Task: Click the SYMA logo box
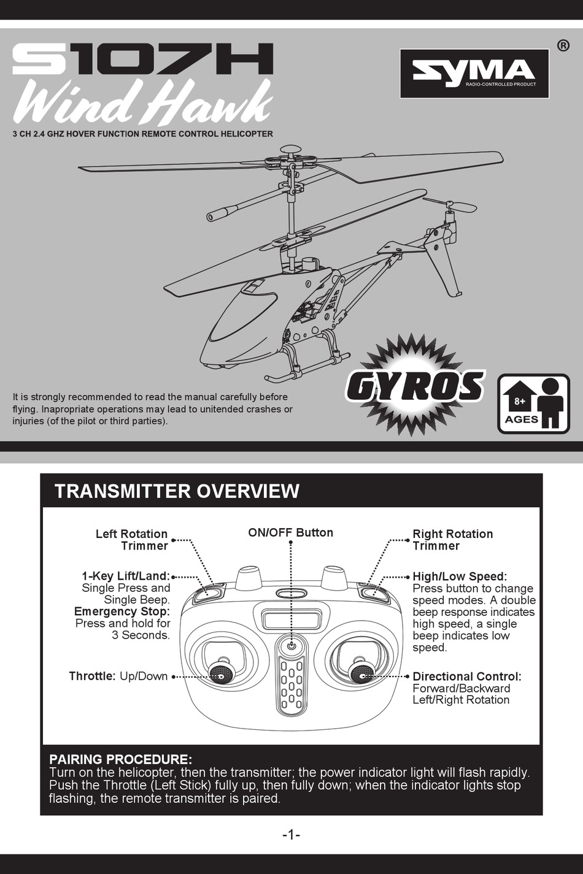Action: (474, 74)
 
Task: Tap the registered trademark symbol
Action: (563, 46)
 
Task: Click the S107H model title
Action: (142, 59)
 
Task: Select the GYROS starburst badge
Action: (415, 385)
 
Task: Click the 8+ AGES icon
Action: (533, 404)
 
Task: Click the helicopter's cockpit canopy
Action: (243, 316)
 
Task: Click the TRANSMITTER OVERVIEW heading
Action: (177, 491)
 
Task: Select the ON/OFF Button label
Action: (290, 532)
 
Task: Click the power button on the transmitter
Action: (291, 646)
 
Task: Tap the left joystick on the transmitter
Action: (221, 673)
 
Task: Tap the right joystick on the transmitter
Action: (361, 673)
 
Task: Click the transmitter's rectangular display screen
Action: (291, 619)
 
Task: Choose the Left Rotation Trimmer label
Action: (131, 540)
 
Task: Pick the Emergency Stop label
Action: (122, 611)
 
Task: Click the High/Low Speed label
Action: (460, 577)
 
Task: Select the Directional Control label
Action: (466, 677)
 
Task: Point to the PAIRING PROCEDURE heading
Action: (120, 759)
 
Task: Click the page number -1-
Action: (291, 835)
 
